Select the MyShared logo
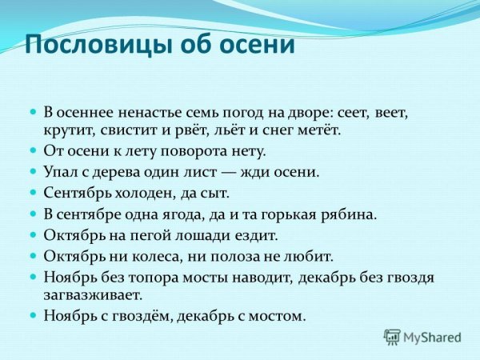pyautogui.click(x=422, y=338)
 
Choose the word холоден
pyautogui.click(x=138, y=193)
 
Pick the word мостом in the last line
pyautogui.click(x=276, y=316)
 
